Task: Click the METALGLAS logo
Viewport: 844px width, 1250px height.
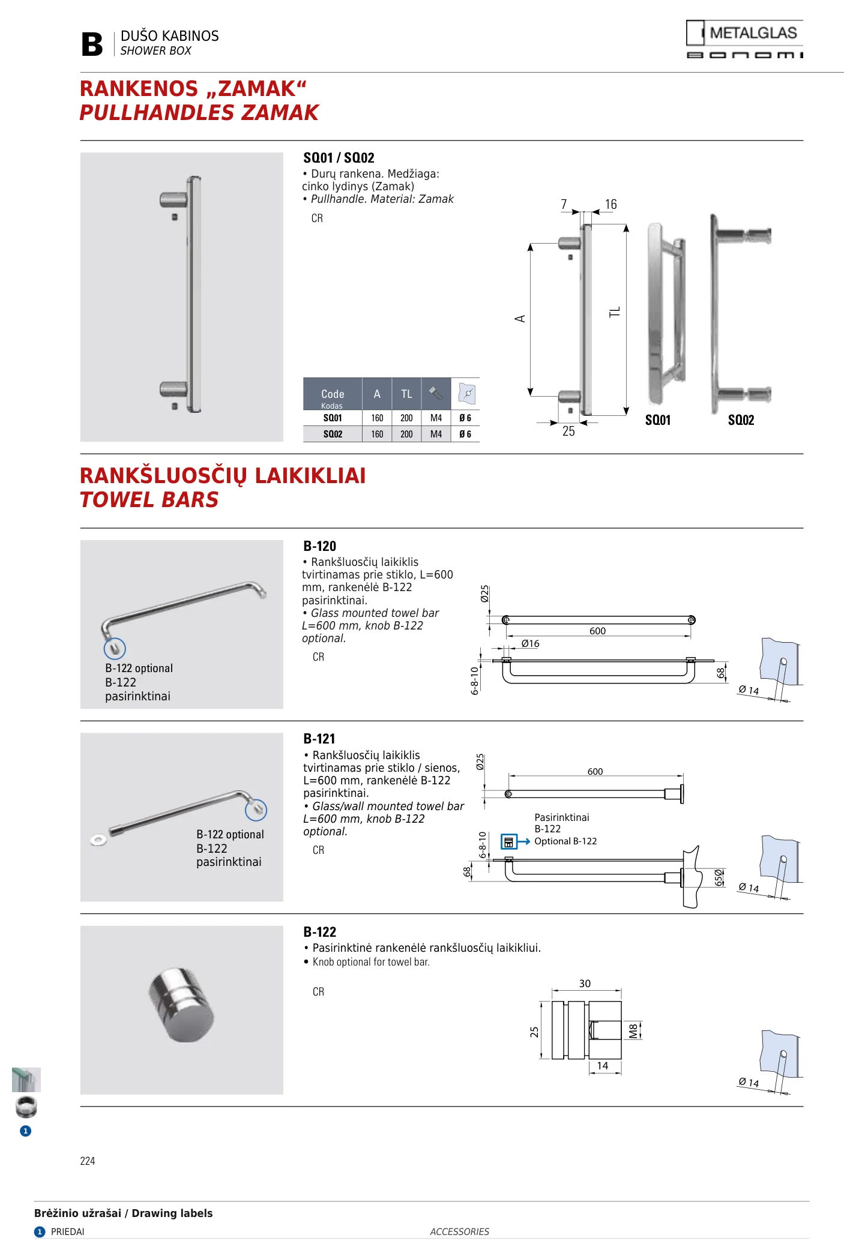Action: tap(744, 39)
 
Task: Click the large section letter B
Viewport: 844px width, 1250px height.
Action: tap(92, 44)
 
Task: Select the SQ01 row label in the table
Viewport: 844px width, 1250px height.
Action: tap(333, 418)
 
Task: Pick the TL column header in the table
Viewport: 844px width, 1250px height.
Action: tap(406, 394)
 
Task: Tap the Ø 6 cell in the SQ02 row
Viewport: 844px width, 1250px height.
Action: tap(465, 434)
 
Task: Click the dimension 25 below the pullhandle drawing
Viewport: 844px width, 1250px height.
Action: tap(568, 431)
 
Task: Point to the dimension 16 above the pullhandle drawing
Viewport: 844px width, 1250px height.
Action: tap(611, 205)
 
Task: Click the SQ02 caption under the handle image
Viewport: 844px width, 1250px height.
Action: tap(741, 420)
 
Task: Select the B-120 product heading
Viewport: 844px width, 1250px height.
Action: tap(319, 546)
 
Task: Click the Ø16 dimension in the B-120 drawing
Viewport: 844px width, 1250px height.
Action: tap(531, 643)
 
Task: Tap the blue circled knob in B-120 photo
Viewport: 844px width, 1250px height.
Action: tap(115, 648)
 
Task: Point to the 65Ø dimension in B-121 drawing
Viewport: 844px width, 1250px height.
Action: tap(719, 878)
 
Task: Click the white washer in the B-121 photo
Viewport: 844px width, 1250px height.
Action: tap(98, 839)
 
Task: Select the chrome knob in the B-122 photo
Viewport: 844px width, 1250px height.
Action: tap(181, 1004)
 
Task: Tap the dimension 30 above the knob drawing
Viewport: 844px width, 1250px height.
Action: tap(585, 984)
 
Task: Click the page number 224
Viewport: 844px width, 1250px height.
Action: tap(88, 1161)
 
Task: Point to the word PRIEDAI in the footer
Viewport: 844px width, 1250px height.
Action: tap(68, 1232)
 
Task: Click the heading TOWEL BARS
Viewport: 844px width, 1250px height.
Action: tap(149, 500)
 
